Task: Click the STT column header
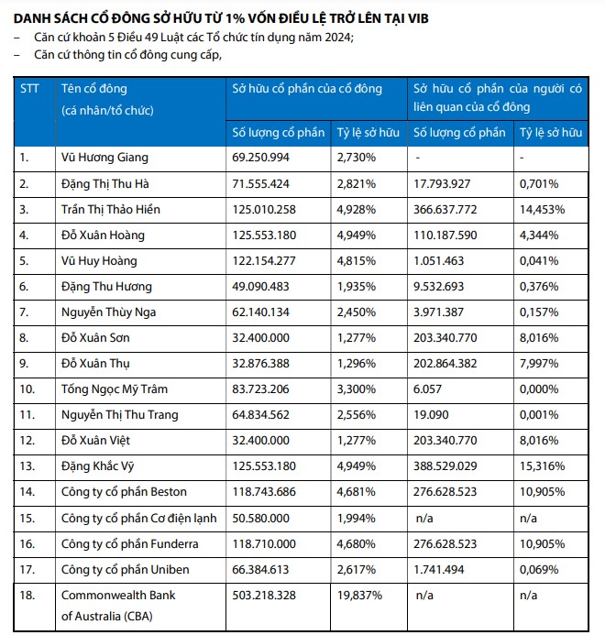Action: click(x=29, y=89)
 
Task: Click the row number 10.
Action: click(x=28, y=389)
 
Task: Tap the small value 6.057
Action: click(x=428, y=389)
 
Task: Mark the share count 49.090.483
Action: click(x=264, y=287)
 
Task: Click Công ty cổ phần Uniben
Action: click(x=126, y=570)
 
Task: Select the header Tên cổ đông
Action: click(x=94, y=89)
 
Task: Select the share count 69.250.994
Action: click(x=264, y=157)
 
